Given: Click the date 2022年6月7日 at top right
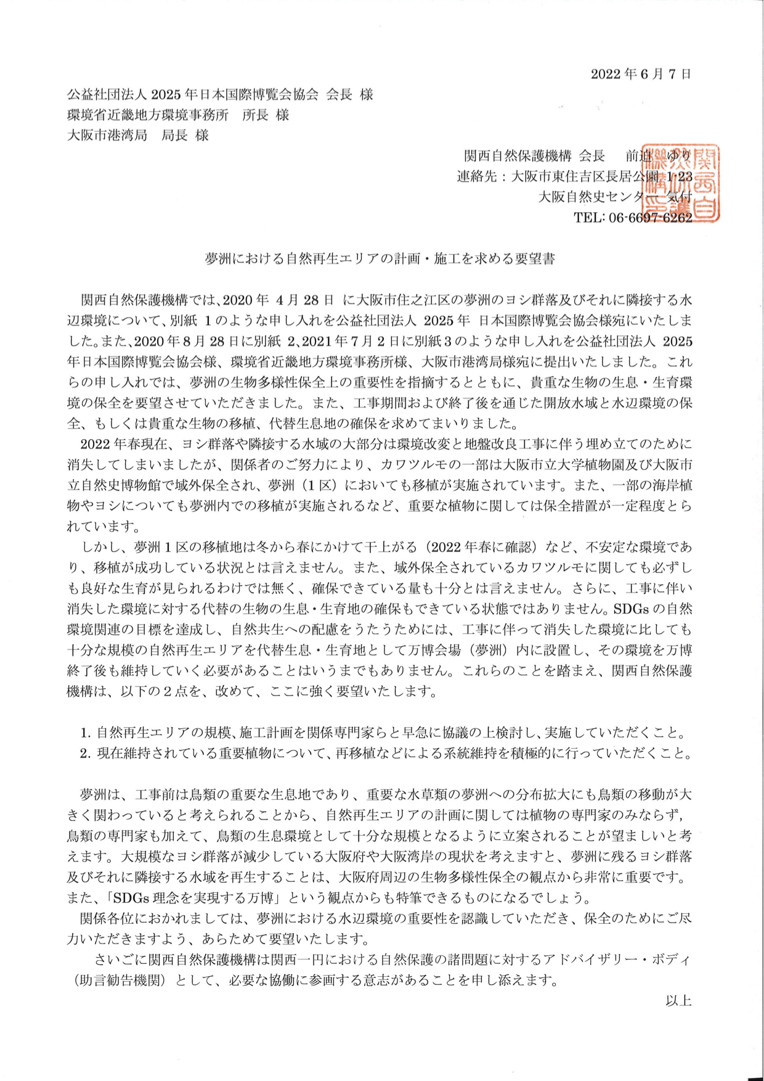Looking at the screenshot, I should coord(640,75).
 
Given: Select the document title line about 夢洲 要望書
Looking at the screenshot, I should coord(380,259).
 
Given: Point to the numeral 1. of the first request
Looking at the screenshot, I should coord(86,733).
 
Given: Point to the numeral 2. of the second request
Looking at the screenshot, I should coord(86,754).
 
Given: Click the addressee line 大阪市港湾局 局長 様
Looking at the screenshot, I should coord(138,135).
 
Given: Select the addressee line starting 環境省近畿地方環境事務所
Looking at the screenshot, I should coord(178,115).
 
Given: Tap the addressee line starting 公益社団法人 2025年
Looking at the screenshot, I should coord(220,94).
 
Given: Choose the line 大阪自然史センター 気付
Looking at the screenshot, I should coord(614,197).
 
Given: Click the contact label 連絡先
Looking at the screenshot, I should coord(477,177).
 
